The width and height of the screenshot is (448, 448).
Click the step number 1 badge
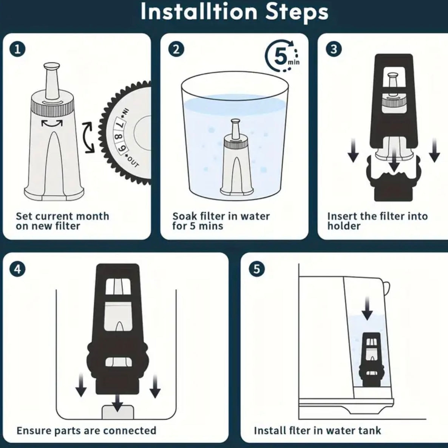click(x=17, y=49)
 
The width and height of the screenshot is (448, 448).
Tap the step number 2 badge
click(x=176, y=49)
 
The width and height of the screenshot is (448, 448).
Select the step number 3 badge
click(x=334, y=49)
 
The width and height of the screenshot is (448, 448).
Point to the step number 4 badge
click(x=17, y=269)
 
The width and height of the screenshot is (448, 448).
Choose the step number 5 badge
click(x=256, y=269)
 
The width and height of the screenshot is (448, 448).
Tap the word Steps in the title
click(x=297, y=12)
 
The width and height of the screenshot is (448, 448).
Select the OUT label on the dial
click(x=133, y=162)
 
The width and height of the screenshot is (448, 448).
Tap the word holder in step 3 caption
click(x=344, y=226)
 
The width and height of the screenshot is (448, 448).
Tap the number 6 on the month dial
click(x=123, y=148)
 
